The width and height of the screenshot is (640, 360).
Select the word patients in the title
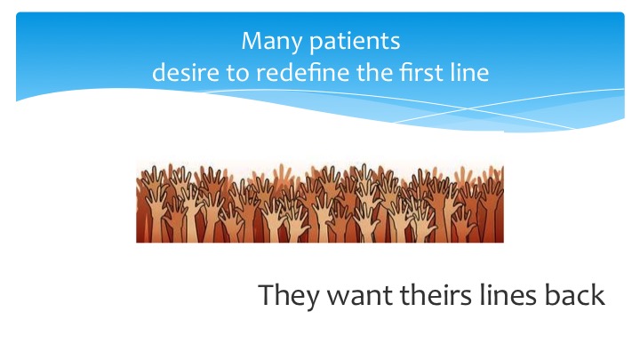[355, 42]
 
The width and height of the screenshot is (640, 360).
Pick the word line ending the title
[470, 73]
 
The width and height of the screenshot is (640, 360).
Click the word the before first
[374, 73]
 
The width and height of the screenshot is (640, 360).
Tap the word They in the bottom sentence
[289, 295]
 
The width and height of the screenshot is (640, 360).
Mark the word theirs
[436, 295]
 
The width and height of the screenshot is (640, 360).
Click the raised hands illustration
[320, 203]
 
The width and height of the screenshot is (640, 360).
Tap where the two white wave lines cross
[467, 109]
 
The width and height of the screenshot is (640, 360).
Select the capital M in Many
[252, 41]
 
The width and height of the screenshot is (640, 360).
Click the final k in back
[597, 295]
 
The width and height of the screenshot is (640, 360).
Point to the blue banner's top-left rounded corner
[17, 13]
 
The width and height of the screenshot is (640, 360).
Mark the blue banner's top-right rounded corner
[623, 13]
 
